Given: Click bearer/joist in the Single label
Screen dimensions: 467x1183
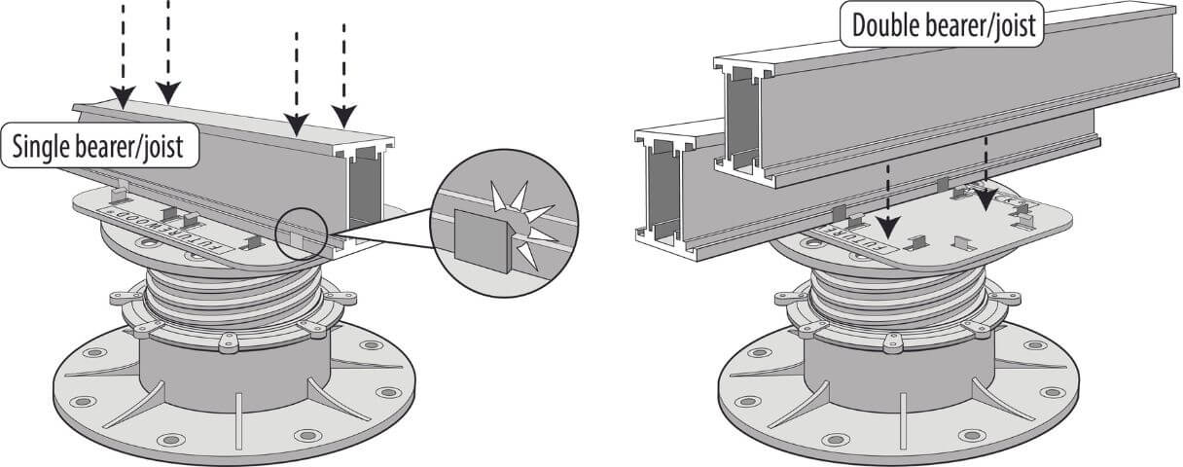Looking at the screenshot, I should tap(135, 147).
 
